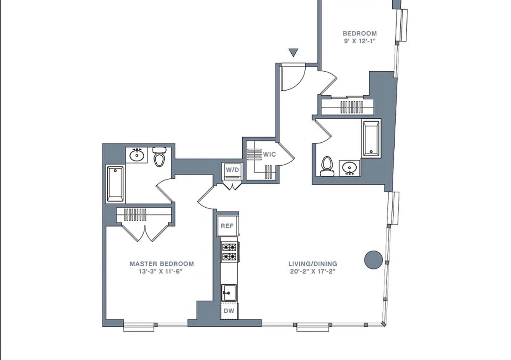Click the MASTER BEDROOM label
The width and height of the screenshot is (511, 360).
pos(162,264)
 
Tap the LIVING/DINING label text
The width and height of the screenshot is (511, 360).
pos(313,264)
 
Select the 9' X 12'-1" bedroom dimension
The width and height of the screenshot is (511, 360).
pos(360,41)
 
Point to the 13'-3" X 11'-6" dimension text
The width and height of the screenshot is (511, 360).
pos(161,271)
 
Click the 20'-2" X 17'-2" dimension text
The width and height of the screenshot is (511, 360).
pos(313,271)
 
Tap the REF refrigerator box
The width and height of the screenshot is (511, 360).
pos(227,226)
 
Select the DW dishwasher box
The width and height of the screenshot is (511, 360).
pos(229,311)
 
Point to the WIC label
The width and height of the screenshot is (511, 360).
pos(270,154)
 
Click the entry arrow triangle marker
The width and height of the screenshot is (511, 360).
pos(293,52)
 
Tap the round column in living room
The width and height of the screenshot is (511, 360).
pos(373,260)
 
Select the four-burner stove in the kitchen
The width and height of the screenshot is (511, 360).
pos(230,252)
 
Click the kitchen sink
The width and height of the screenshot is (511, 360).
pos(229,293)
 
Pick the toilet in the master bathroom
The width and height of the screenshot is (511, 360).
pos(159,157)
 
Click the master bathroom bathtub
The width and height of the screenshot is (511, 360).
pos(115,184)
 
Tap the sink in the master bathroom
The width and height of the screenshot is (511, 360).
pos(137,155)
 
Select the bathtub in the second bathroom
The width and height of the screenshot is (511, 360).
pos(371,139)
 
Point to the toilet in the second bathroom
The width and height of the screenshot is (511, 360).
pos(327,166)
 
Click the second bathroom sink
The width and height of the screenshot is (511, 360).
pos(349,168)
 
